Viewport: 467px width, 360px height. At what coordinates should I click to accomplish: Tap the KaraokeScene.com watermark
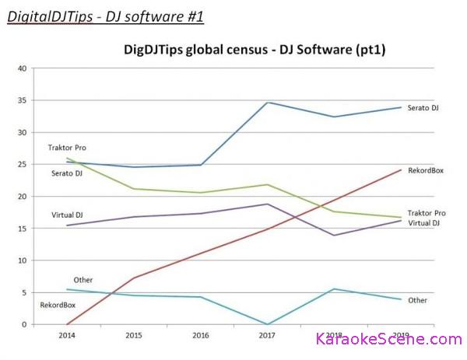click(388, 339)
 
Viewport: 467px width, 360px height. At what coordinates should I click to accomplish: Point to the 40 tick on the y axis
click(22, 68)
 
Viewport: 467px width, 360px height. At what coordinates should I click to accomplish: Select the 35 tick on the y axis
click(22, 100)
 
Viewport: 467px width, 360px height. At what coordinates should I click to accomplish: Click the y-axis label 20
click(22, 197)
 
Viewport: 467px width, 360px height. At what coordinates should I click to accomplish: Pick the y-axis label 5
click(23, 292)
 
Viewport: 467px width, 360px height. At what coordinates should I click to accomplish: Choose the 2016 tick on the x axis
click(201, 336)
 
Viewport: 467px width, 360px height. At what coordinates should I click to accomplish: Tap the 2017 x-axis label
click(268, 336)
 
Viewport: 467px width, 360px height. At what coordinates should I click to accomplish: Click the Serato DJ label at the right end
click(423, 107)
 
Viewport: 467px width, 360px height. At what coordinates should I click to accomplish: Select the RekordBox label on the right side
click(425, 170)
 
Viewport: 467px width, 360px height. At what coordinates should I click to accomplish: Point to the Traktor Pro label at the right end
click(427, 213)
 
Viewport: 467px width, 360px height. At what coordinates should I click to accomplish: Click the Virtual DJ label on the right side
click(424, 224)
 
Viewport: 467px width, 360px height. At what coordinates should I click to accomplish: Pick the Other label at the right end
click(417, 300)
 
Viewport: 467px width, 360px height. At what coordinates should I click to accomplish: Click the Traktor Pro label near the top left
click(65, 146)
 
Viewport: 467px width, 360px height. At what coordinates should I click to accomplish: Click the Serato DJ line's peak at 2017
click(268, 103)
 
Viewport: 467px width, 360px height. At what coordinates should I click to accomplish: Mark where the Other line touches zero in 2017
click(268, 324)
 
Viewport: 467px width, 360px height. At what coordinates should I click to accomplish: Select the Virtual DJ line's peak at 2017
click(268, 204)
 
